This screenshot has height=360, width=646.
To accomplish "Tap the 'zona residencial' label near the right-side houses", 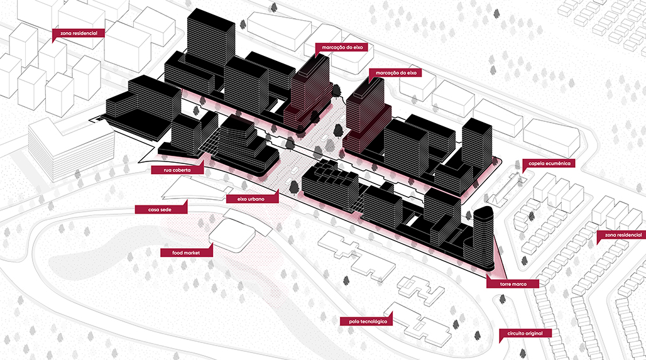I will (620, 235).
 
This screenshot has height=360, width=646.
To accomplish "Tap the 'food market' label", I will (185, 253).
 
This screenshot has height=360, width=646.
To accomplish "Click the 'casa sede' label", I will (160, 209).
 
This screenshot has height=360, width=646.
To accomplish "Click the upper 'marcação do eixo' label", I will (340, 47).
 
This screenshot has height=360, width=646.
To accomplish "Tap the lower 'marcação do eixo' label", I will (396, 73).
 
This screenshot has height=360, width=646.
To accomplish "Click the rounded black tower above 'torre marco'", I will (483, 239).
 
